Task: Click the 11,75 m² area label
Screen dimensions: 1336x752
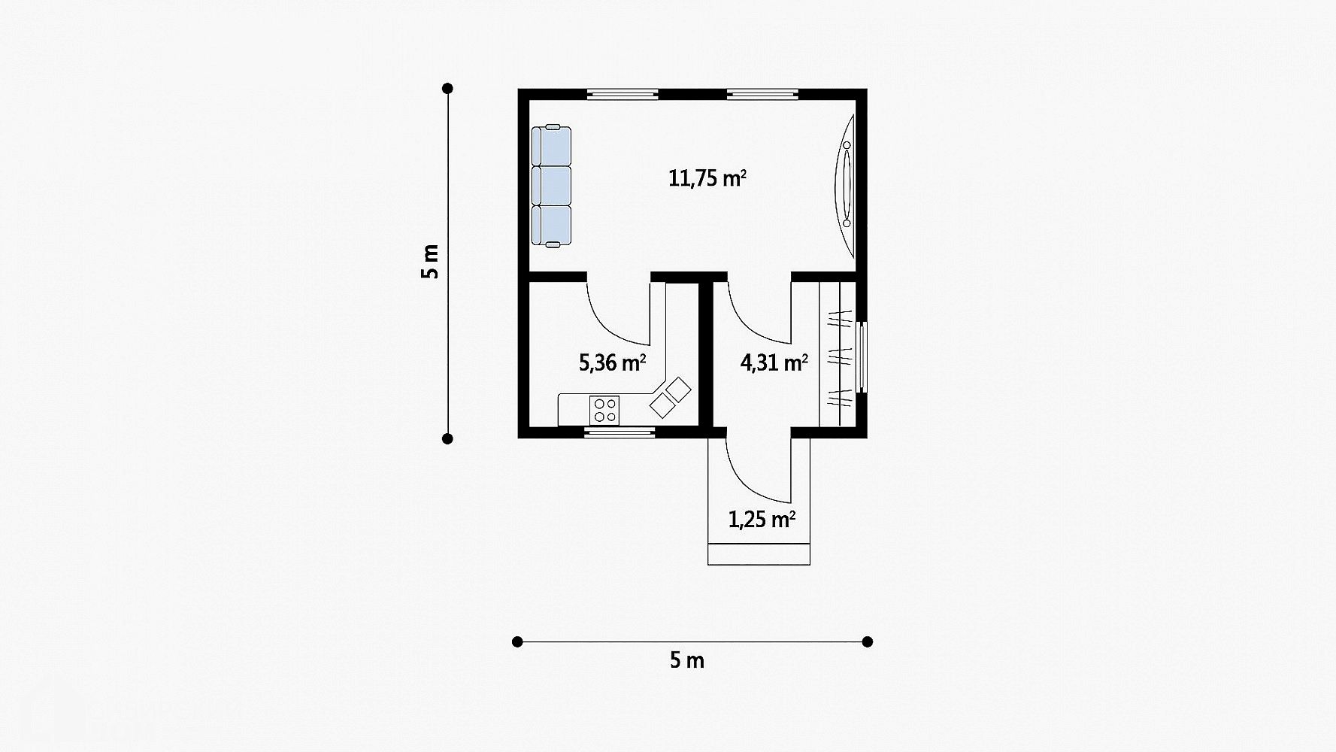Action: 707,179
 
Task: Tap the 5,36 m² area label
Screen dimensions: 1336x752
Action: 612,363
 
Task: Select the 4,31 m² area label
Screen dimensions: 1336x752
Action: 774,363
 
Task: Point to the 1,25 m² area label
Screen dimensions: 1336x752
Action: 762,519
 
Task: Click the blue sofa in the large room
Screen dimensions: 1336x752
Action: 551,186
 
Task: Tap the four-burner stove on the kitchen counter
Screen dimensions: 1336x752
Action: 605,410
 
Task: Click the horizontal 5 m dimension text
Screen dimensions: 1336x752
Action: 686,661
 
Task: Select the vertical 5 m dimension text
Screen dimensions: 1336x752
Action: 429,262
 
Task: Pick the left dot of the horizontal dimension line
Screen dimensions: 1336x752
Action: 517,641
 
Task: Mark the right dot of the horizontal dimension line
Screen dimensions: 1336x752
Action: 868,641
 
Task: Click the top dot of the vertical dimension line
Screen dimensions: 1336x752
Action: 448,89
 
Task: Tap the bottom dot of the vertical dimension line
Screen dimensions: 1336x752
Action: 448,439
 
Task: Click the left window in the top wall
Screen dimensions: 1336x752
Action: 623,95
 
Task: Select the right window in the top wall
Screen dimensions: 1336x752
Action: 762,95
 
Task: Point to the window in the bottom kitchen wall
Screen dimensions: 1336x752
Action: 620,432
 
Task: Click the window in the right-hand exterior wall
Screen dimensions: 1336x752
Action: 862,357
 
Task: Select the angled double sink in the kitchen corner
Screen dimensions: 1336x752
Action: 670,398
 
